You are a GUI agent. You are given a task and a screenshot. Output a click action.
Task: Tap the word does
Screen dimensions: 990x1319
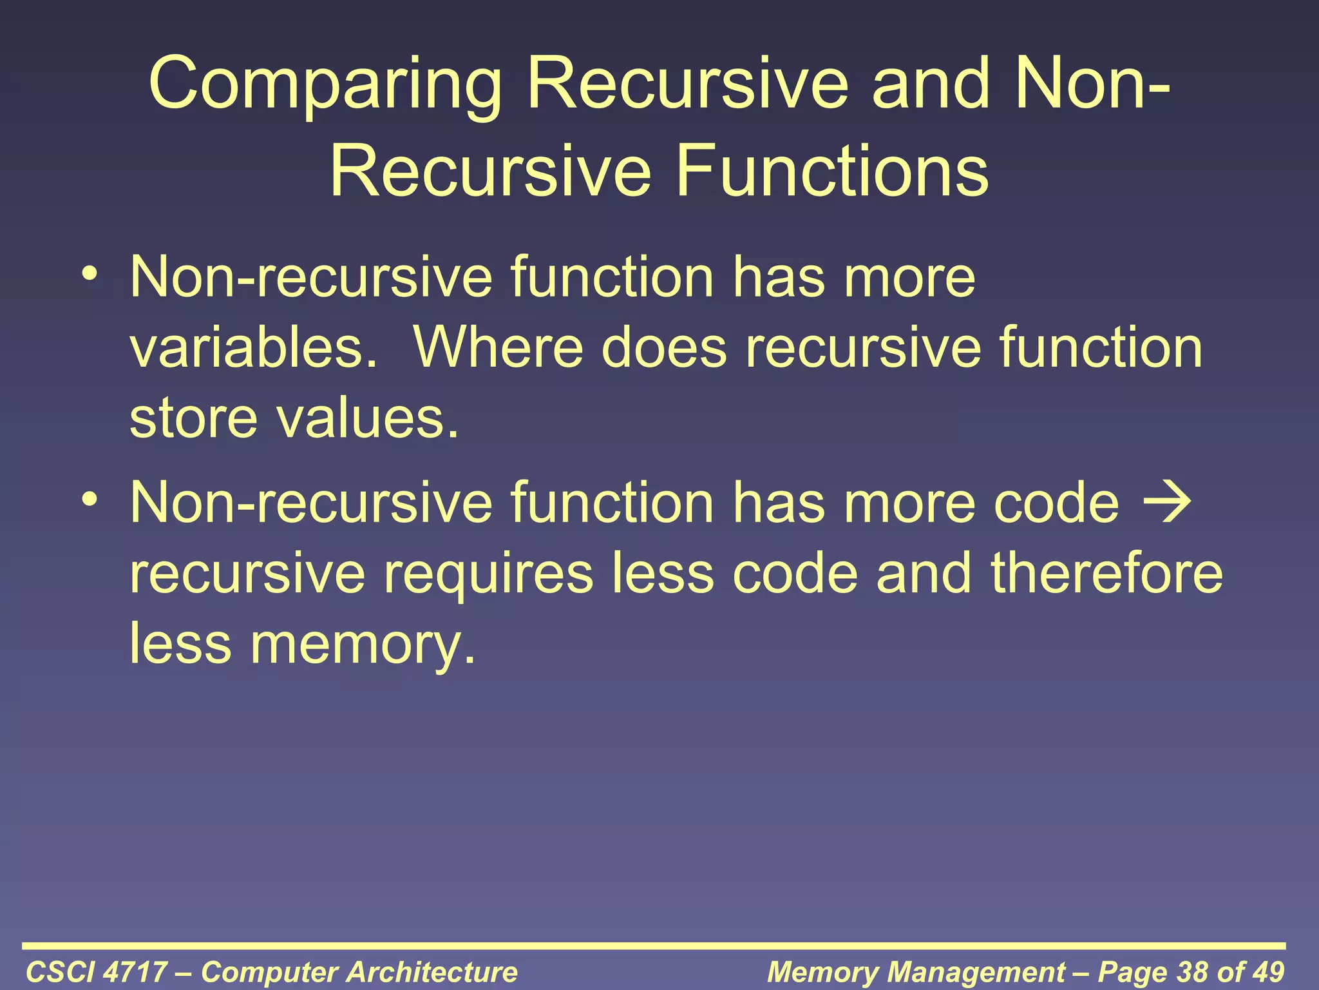click(x=663, y=347)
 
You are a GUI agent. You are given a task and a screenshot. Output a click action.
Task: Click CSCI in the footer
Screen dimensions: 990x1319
click(x=61, y=972)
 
